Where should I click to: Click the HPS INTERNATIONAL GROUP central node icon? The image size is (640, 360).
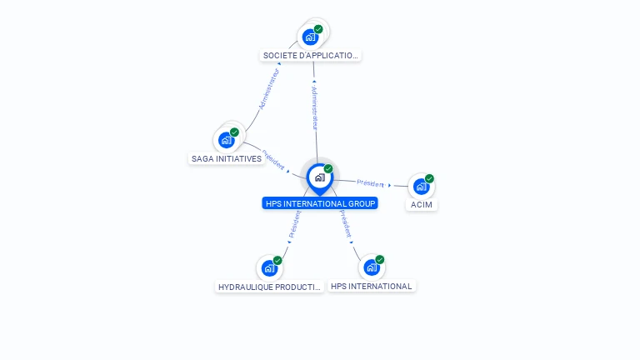[x=319, y=177]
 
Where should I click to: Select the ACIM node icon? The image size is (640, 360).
[x=422, y=187]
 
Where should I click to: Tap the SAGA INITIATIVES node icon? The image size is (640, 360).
[x=226, y=140]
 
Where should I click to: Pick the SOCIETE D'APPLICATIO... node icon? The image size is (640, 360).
[x=311, y=37]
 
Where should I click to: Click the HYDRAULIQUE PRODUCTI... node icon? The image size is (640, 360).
[x=268, y=268]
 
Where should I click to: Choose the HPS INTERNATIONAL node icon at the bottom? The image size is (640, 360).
[x=372, y=267]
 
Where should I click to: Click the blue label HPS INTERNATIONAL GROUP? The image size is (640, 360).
[x=320, y=203]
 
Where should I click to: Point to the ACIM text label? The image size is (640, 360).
[x=422, y=205]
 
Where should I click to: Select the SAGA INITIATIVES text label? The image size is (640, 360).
[x=227, y=158]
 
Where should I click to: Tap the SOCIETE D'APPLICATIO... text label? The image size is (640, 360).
[x=311, y=56]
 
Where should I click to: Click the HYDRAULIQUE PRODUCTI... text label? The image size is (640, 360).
[x=269, y=287]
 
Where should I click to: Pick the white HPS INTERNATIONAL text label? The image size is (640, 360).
[x=371, y=286]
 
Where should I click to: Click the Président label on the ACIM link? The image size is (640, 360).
[x=371, y=182]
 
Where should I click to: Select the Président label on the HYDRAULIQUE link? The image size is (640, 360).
[x=294, y=225]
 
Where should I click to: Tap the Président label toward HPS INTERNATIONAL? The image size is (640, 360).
[x=345, y=224]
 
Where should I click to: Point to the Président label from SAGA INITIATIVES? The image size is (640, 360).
[x=273, y=159]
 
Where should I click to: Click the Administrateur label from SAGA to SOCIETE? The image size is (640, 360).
[x=268, y=88]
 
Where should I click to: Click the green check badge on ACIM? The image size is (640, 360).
[x=429, y=178]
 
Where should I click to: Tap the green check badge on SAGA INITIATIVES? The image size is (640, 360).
[x=234, y=132]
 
